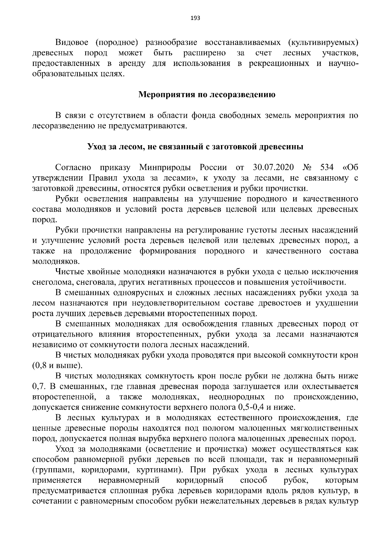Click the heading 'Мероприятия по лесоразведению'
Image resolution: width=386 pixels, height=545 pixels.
(207, 95)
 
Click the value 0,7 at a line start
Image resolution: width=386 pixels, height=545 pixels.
(38, 386)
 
